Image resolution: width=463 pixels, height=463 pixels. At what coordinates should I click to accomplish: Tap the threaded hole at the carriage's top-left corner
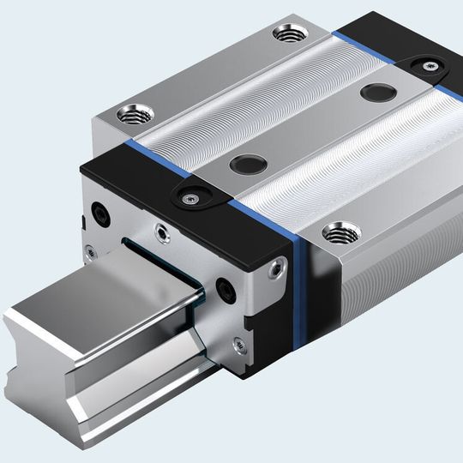pos(135,111)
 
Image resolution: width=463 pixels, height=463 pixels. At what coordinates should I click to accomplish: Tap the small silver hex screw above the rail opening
pos(160,231)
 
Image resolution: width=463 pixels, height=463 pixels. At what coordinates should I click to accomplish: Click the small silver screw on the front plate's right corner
pos(274,271)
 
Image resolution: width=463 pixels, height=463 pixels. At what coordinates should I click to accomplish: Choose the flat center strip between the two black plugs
pos(309,129)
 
